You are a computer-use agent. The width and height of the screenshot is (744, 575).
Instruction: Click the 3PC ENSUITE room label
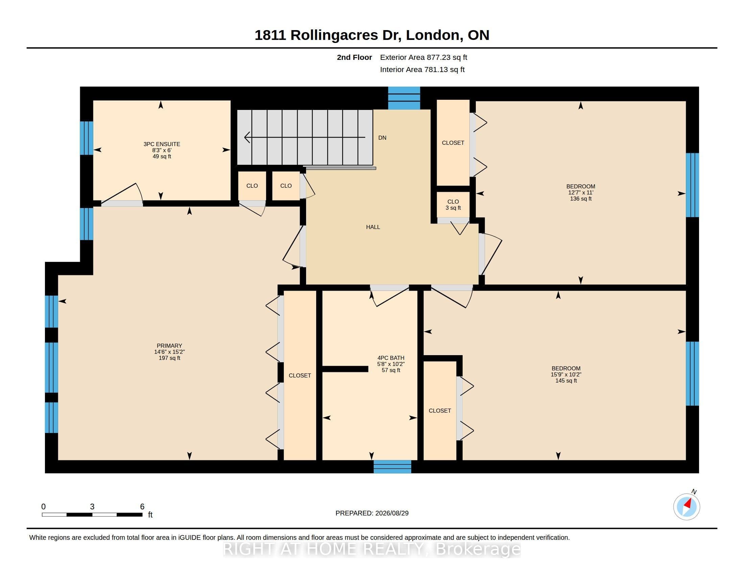tap(162, 144)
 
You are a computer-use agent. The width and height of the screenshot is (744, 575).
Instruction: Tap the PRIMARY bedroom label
tap(169, 345)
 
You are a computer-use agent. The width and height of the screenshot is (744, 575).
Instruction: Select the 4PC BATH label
tap(391, 358)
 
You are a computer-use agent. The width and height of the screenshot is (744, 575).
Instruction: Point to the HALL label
tap(373, 227)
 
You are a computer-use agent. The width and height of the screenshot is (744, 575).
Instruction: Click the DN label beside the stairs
tap(382, 138)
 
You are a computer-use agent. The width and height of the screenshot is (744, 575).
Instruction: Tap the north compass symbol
tap(687, 506)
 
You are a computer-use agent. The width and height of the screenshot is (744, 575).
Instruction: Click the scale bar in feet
tap(92, 514)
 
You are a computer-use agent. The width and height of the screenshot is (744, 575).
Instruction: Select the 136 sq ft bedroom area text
tap(580, 199)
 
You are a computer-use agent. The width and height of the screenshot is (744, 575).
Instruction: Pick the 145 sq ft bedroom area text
tap(566, 381)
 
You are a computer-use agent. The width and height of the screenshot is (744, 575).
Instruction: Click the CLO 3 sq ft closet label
tap(453, 205)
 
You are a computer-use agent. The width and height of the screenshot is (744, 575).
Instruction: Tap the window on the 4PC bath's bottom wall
tap(392, 467)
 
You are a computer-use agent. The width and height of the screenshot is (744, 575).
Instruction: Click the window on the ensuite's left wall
tap(87, 138)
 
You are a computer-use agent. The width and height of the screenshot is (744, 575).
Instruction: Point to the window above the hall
tap(404, 98)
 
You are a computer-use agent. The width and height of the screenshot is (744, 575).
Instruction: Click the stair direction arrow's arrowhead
tap(247, 137)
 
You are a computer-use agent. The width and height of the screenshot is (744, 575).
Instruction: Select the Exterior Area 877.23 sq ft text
tap(423, 57)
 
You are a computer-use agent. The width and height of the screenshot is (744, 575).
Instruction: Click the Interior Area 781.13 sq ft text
tap(422, 69)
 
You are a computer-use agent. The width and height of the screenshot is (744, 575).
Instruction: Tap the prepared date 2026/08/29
tap(392, 513)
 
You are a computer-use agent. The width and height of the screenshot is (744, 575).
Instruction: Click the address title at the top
tap(372, 35)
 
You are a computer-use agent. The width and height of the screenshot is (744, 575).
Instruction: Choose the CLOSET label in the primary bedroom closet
tap(300, 375)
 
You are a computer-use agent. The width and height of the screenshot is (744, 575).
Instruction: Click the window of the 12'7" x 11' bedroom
tap(692, 185)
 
